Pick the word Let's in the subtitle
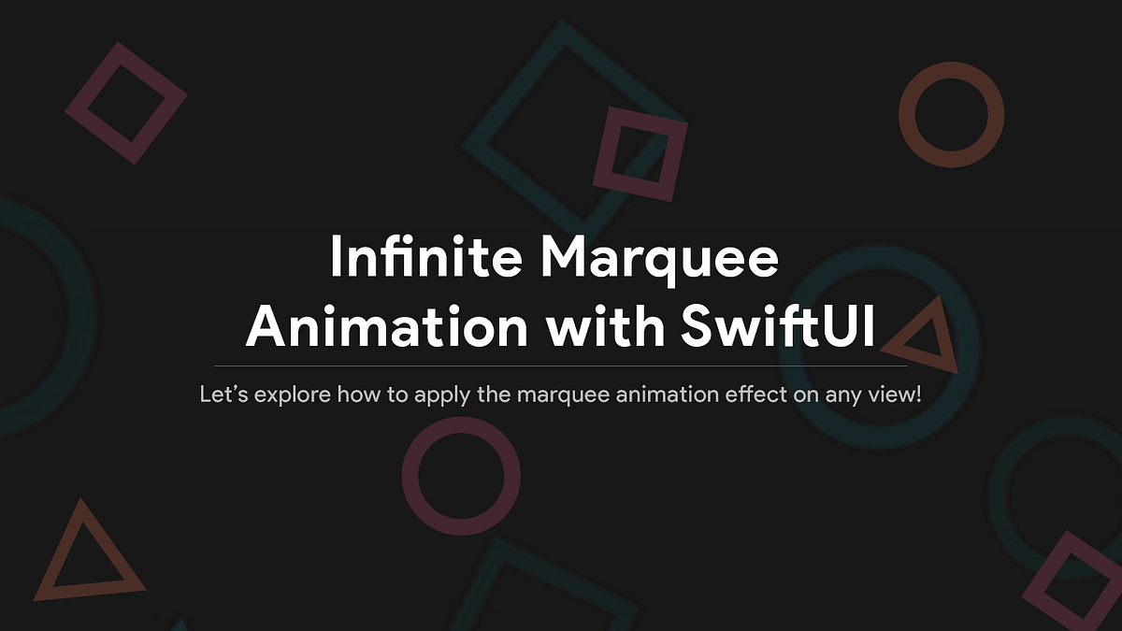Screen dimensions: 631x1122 click(223, 394)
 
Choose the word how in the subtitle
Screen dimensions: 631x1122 click(354, 394)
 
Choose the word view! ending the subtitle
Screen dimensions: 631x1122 click(897, 394)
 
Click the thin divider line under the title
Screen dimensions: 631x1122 click(561, 366)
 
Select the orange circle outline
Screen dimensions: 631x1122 click(951, 116)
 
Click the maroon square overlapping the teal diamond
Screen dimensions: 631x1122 click(640, 154)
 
